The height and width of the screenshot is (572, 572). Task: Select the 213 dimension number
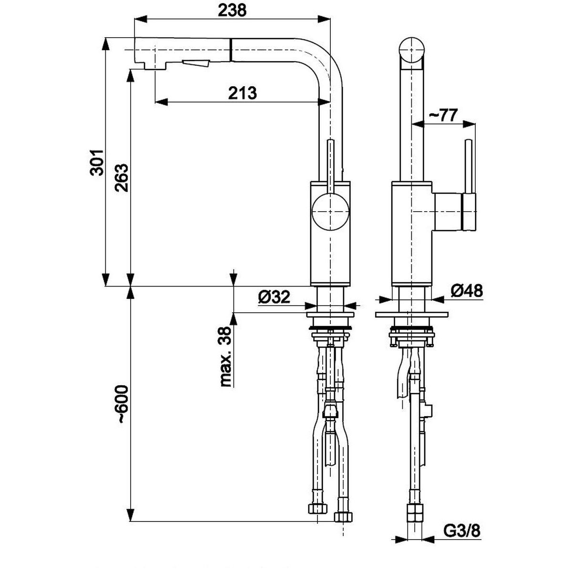coord(242,93)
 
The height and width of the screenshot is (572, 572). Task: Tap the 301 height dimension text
coord(97,163)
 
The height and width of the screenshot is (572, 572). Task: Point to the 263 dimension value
coord(122,178)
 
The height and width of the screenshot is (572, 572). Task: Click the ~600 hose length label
coord(122,404)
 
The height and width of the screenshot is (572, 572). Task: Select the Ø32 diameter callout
coord(274,296)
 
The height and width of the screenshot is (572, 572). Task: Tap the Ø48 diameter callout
coord(467,291)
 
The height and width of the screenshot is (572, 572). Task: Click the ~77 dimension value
coord(441,115)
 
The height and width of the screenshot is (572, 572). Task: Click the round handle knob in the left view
coord(330,211)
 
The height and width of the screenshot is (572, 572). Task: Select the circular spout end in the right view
coord(411,50)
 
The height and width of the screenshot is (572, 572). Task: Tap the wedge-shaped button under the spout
coord(196,63)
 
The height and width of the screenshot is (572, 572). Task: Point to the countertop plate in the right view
coord(411,315)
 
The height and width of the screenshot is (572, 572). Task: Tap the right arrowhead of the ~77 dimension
coord(469,124)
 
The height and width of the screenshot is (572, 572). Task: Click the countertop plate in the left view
coord(330,315)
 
